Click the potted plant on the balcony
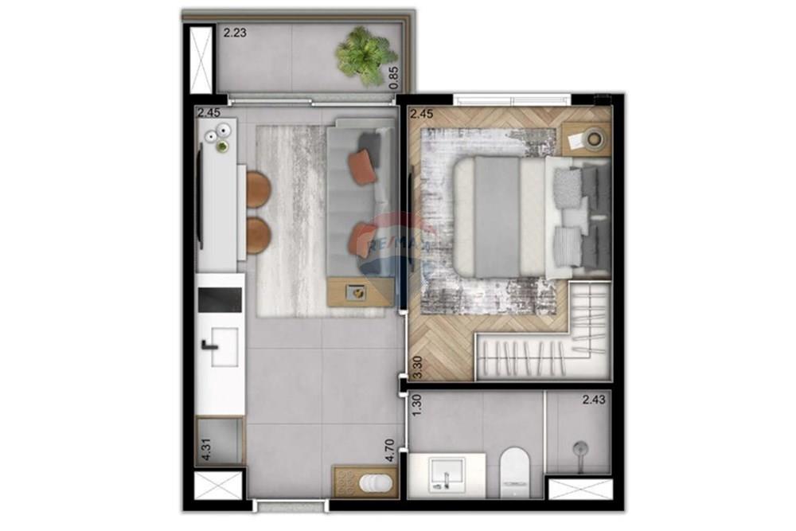365,55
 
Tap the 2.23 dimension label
236,33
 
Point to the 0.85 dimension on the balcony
392,77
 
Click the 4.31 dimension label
206,451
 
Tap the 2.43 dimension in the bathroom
593,400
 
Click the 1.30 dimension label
416,408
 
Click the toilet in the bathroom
515,468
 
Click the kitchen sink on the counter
220,347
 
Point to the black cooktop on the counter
219,299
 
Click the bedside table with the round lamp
587,139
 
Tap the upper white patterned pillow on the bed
568,186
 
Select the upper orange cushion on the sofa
363,169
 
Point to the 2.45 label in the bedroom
422,114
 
